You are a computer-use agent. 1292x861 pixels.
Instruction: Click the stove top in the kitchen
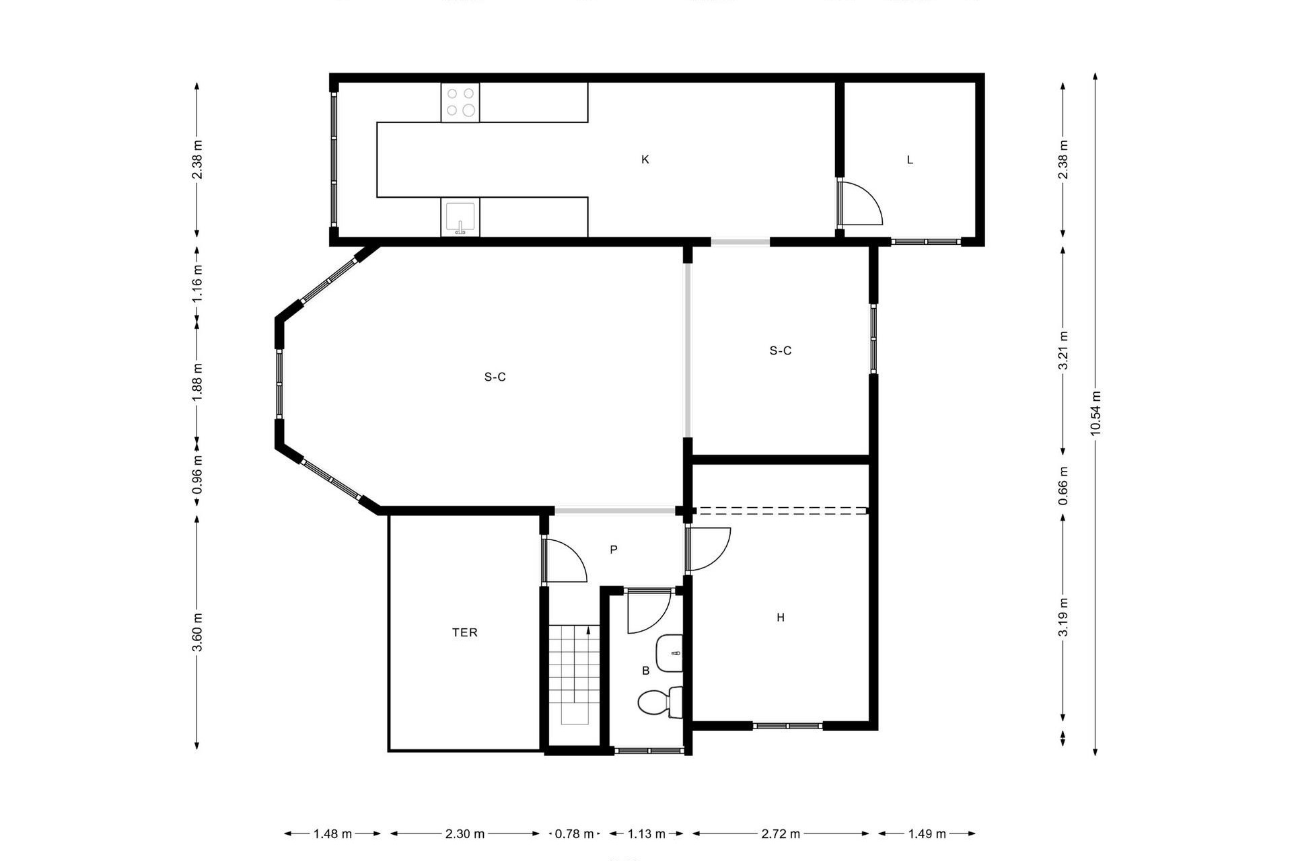460,103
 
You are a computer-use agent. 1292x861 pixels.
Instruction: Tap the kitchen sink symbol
460,217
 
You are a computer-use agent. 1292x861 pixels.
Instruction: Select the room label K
645,159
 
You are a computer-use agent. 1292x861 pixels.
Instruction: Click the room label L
910,160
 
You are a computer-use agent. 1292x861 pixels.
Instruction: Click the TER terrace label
465,632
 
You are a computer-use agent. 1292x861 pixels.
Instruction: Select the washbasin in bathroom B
670,652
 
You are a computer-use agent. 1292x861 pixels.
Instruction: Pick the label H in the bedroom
781,617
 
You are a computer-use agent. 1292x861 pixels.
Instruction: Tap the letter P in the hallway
614,550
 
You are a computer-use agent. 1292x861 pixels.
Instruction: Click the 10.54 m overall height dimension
1096,413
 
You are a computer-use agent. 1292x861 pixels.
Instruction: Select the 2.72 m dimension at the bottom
781,834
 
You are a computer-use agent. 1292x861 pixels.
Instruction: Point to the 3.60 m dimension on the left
197,632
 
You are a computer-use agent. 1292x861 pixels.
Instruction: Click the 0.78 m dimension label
574,834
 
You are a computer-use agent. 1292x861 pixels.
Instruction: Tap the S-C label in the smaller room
781,350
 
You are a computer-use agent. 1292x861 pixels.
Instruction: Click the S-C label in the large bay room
495,377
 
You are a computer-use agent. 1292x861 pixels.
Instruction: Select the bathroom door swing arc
650,613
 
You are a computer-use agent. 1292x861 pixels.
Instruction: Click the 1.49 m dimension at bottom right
927,834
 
